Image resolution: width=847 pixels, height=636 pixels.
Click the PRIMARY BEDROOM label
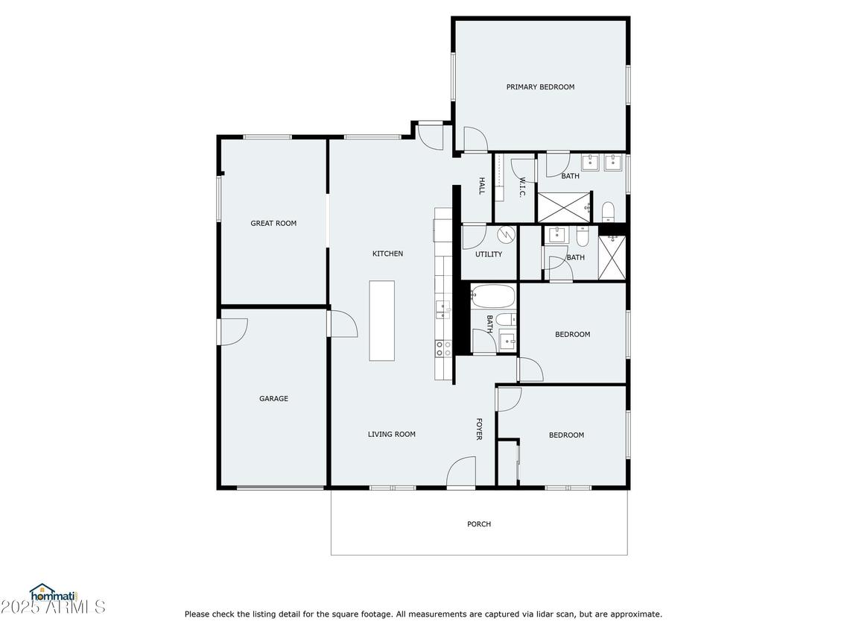[x=540, y=86]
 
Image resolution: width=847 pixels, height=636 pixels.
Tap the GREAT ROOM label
[x=273, y=223]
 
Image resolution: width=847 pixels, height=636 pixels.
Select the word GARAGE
[x=273, y=399]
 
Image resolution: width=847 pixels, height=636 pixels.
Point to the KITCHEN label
[x=387, y=253]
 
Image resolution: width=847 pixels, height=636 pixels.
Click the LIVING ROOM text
[x=392, y=434]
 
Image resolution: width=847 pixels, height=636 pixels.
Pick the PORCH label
[x=479, y=523]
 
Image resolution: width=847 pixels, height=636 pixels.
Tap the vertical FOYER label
[x=478, y=429]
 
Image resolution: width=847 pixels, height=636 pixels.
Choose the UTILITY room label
[x=489, y=254]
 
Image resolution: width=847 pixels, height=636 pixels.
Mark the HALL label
[x=481, y=186]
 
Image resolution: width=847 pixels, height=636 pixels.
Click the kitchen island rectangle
[x=382, y=320]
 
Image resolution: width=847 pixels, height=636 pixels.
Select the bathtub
[x=492, y=296]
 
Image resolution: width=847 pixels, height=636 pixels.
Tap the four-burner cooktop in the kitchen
[x=443, y=349]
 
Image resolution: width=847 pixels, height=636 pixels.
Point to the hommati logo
[x=54, y=594]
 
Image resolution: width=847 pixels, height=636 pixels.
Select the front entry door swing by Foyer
[x=461, y=471]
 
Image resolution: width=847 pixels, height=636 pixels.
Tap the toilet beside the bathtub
[x=506, y=319]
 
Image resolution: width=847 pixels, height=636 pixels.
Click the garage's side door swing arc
[x=233, y=331]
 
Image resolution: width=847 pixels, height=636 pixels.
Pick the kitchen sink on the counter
[x=443, y=309]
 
